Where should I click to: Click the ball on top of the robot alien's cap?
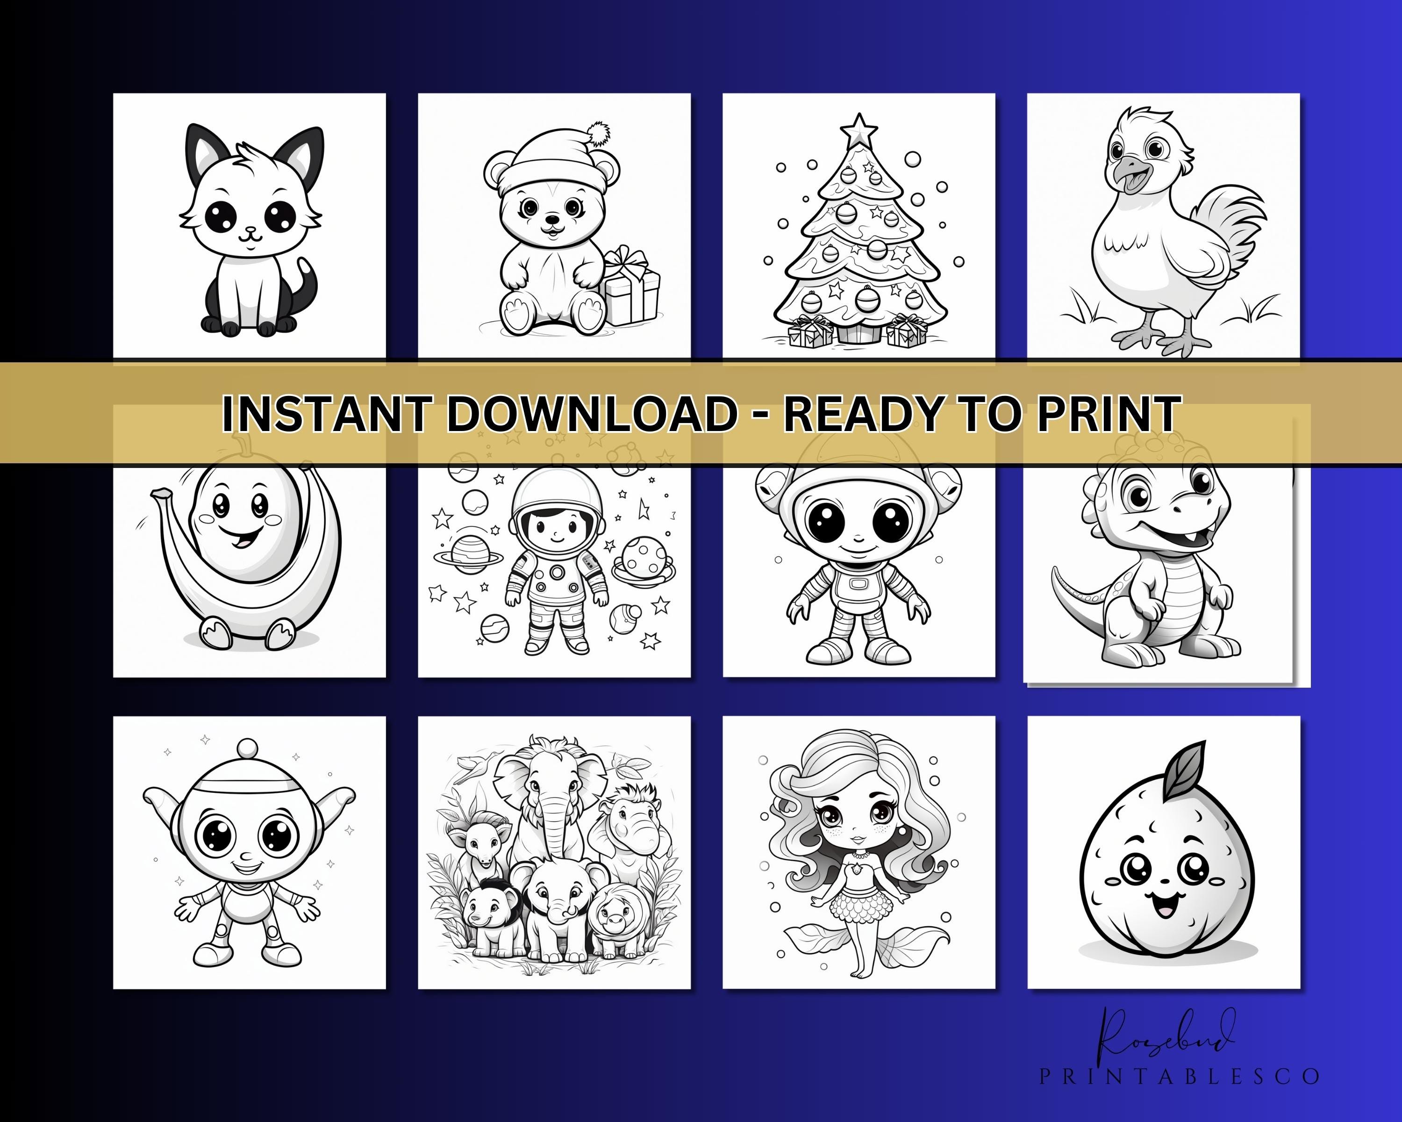tap(248, 748)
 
